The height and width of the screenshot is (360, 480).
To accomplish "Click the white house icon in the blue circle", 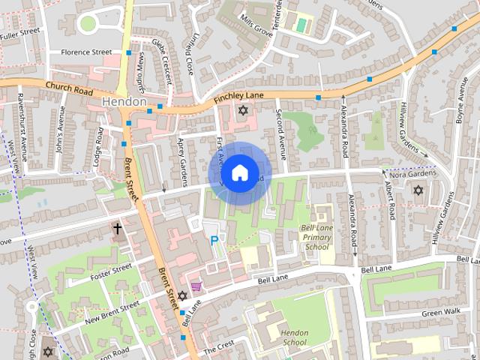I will [x=239, y=173].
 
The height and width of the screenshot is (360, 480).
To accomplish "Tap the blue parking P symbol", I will [x=214, y=241].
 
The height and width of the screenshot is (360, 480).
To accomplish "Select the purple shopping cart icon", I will [x=196, y=286].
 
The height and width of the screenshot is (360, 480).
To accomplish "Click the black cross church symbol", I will [x=117, y=228].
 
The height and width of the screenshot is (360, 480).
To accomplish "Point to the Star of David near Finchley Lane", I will [x=242, y=111].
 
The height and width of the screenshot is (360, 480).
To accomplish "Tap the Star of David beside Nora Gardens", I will [x=418, y=190].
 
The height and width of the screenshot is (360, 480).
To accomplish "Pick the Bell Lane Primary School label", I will [x=315, y=236].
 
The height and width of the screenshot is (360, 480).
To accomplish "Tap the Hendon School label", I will [x=290, y=337].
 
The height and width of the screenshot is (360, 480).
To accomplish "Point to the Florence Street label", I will [x=86, y=52].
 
